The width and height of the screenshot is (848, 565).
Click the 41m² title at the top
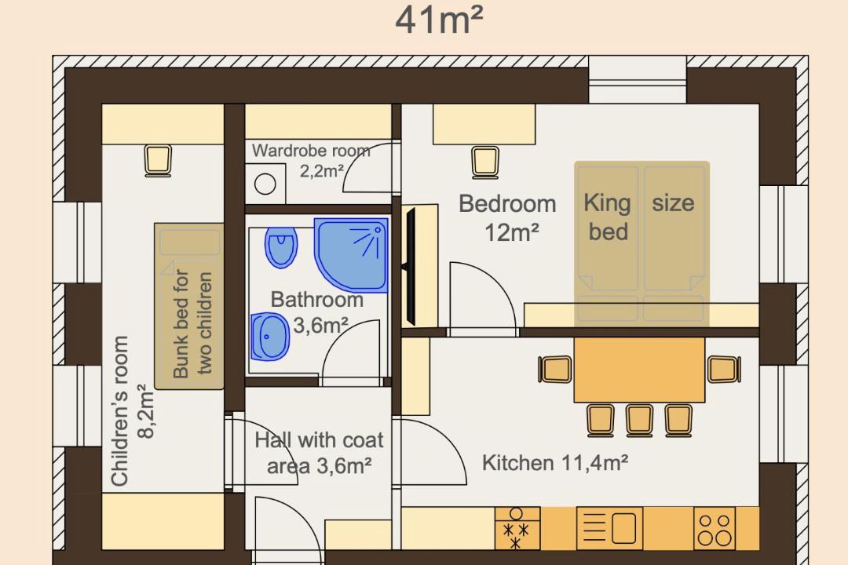click(x=439, y=20)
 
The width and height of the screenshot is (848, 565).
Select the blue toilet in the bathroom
click(x=281, y=246)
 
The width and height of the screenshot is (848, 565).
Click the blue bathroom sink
click(x=270, y=337)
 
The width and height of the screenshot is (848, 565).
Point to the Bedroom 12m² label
click(x=507, y=218)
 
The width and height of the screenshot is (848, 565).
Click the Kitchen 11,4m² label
click(x=555, y=463)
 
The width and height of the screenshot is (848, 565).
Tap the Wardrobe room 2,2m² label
click(x=312, y=161)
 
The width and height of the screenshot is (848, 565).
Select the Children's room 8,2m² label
click(x=132, y=411)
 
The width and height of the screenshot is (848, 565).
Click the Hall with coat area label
click(x=319, y=453)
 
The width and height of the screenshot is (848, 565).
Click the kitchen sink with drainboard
click(x=610, y=528)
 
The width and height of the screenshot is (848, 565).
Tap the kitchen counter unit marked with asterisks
click(x=517, y=528)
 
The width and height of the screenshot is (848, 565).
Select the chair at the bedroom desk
click(x=484, y=162)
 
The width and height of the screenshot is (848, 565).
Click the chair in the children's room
click(x=158, y=161)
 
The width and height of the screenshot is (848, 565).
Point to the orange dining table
click(x=640, y=370)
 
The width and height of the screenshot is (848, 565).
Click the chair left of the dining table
click(x=555, y=370)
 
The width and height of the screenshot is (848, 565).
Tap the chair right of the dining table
click(x=724, y=370)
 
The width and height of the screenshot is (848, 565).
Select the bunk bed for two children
click(x=189, y=306)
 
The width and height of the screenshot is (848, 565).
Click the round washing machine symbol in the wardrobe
click(x=265, y=184)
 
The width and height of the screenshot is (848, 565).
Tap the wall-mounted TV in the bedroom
click(x=411, y=266)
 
